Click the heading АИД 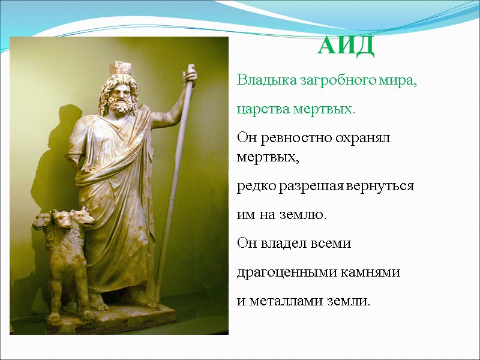(346, 47)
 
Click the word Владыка (262, 80)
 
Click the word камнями (370, 272)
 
